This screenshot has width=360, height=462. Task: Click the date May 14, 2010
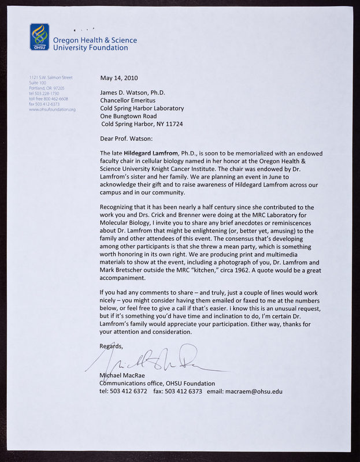(x=119, y=78)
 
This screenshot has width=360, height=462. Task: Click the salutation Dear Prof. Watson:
(x=127, y=139)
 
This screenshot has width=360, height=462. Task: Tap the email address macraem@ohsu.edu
(x=254, y=392)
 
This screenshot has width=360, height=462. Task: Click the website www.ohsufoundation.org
(x=52, y=109)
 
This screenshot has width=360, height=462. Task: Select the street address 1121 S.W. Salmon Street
(x=51, y=77)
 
